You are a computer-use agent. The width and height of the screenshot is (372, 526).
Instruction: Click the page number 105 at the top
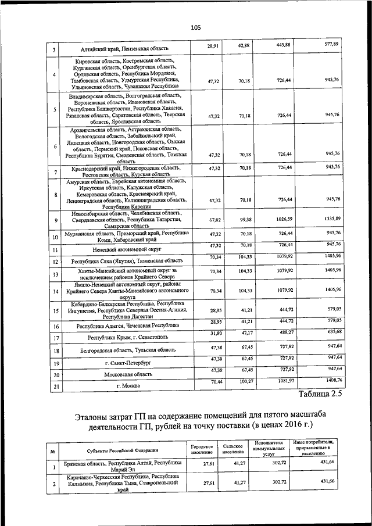pyautogui.click(x=195, y=27)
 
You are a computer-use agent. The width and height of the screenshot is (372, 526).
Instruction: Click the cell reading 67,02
pyautogui.click(x=215, y=220)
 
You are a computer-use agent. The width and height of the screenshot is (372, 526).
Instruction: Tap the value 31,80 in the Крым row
pyautogui.click(x=215, y=332)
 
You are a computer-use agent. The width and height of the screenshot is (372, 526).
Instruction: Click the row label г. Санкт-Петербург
pyautogui.click(x=128, y=363)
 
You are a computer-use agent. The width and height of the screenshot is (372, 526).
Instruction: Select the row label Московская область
pyautogui.click(x=128, y=375)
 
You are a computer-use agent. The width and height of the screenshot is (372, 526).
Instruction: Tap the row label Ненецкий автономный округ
pyautogui.click(x=127, y=249)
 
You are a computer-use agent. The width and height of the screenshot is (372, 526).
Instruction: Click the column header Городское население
pyautogui.click(x=201, y=449)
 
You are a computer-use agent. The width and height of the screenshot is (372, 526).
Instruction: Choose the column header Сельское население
pyautogui.click(x=232, y=449)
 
